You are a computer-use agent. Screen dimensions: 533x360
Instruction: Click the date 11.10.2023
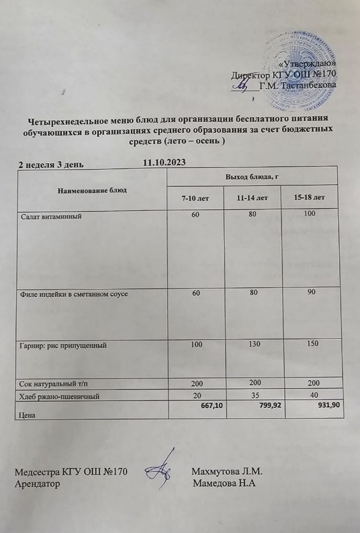(164, 162)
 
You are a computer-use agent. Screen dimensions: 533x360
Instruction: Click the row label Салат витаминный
(51, 215)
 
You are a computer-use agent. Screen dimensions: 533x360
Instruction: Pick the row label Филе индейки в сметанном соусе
(74, 294)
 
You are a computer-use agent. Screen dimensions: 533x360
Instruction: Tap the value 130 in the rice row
(252, 343)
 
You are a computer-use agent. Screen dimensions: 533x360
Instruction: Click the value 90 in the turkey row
(312, 291)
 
